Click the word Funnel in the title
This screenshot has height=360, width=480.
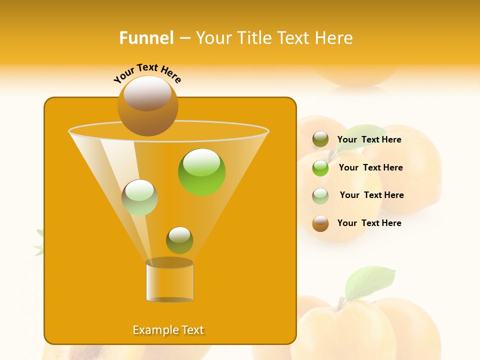pos(146,38)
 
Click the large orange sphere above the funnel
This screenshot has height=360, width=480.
pos(147,105)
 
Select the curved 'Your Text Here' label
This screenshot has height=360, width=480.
pos(147,73)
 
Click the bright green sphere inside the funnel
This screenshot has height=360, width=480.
pos(201,171)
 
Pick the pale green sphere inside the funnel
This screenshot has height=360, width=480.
pos(139,197)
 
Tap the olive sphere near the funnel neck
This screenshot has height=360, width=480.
pos(179,240)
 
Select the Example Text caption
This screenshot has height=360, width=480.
pos(168,330)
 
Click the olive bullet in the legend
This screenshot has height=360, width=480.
pos(320,139)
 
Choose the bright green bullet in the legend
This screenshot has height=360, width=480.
pos(320,168)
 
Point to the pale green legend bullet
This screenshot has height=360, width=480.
pos(320,196)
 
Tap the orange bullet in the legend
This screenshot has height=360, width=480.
pos(320,223)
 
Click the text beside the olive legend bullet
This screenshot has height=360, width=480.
pos(369,139)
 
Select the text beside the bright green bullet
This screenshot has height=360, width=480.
pos(370,167)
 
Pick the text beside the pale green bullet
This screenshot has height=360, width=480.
pos(371,195)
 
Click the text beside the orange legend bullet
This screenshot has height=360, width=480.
pos(369,223)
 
